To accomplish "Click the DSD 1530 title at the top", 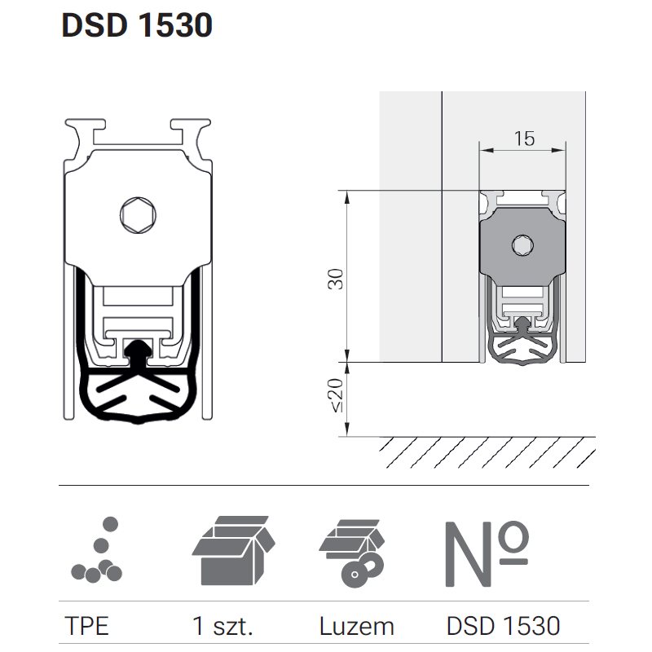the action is (137, 25).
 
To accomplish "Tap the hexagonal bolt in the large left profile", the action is (138, 215).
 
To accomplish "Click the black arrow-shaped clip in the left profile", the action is (138, 352).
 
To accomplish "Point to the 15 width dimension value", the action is (524, 139).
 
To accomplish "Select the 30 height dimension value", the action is (336, 279).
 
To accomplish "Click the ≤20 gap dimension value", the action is (336, 395).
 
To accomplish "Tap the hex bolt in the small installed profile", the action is (522, 245).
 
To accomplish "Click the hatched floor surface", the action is (487, 452).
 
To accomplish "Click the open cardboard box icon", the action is (234, 551).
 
